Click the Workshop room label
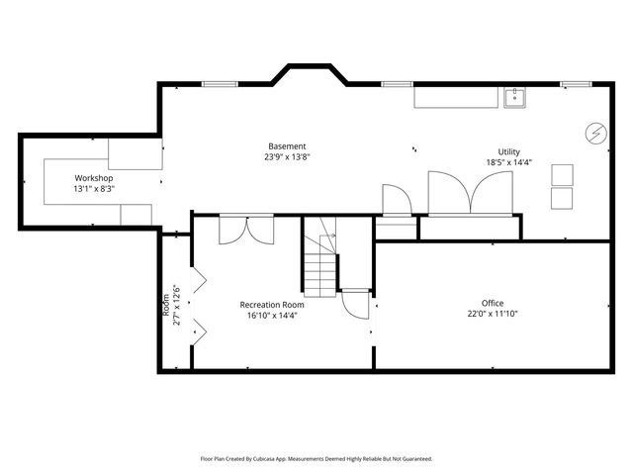click(94, 178)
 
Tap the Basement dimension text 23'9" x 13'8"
click(287, 157)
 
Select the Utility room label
click(508, 151)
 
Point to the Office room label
click(493, 303)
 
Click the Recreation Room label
click(272, 305)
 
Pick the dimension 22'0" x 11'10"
click(493, 314)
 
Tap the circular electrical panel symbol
click(596, 133)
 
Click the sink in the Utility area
click(514, 98)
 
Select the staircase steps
click(319, 266)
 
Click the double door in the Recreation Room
click(246, 231)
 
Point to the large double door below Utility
click(471, 193)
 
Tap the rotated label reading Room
click(166, 306)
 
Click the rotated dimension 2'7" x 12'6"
click(176, 306)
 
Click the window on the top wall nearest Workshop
click(220, 84)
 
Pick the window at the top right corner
click(576, 84)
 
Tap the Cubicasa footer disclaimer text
click(316, 459)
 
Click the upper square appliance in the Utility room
click(563, 175)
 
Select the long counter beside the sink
click(456, 98)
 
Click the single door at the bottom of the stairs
click(356, 305)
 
